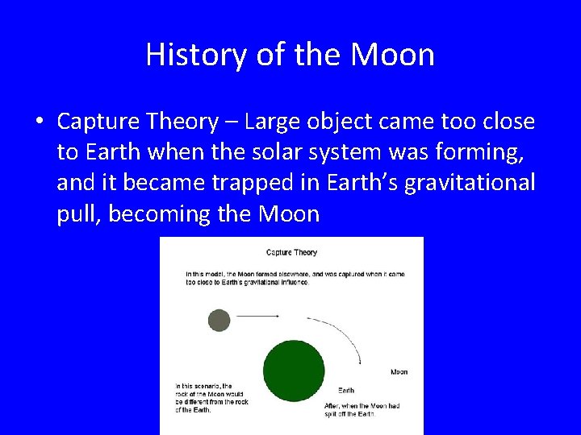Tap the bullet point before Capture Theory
point(39,122)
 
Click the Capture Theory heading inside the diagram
point(291,252)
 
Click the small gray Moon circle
point(219,320)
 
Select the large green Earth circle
point(294,371)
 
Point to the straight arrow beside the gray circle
point(257,317)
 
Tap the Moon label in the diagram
point(399,372)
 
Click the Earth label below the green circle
point(345,391)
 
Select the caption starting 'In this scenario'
point(211,398)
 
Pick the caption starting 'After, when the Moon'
point(362,409)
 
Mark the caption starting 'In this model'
point(295,278)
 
